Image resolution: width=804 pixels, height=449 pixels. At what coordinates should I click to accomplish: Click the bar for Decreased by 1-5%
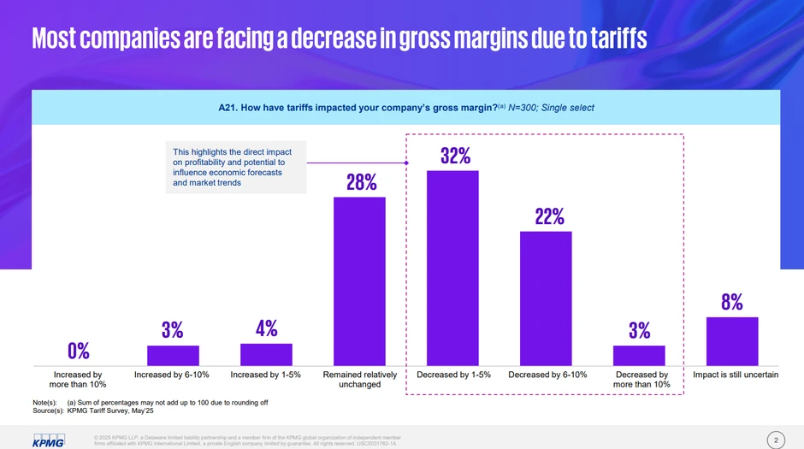452,269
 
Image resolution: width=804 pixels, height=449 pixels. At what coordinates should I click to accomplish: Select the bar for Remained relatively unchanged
359,282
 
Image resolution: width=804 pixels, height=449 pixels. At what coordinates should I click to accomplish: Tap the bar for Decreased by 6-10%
546,299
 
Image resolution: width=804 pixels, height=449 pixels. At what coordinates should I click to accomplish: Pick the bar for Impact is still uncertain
732,342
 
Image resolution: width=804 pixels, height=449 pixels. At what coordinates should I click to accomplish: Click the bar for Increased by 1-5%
266,355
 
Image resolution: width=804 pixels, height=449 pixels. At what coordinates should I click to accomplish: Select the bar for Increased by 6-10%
173,356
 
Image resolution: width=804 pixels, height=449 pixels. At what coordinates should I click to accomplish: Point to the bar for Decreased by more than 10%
639,356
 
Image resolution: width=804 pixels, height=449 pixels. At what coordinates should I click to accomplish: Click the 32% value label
455,156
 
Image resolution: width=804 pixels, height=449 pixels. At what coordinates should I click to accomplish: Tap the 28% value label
361,182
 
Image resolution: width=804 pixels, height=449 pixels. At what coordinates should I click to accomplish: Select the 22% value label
548,217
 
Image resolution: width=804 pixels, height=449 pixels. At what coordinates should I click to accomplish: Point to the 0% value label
79,351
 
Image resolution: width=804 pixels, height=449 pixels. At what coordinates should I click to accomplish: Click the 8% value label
731,302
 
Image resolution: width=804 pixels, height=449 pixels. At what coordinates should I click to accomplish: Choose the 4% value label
266,328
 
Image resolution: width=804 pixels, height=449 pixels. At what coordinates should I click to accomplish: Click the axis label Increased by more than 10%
78,380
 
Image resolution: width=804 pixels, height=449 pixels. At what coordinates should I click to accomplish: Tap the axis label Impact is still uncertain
735,375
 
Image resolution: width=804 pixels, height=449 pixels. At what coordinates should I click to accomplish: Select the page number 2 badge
776,440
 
